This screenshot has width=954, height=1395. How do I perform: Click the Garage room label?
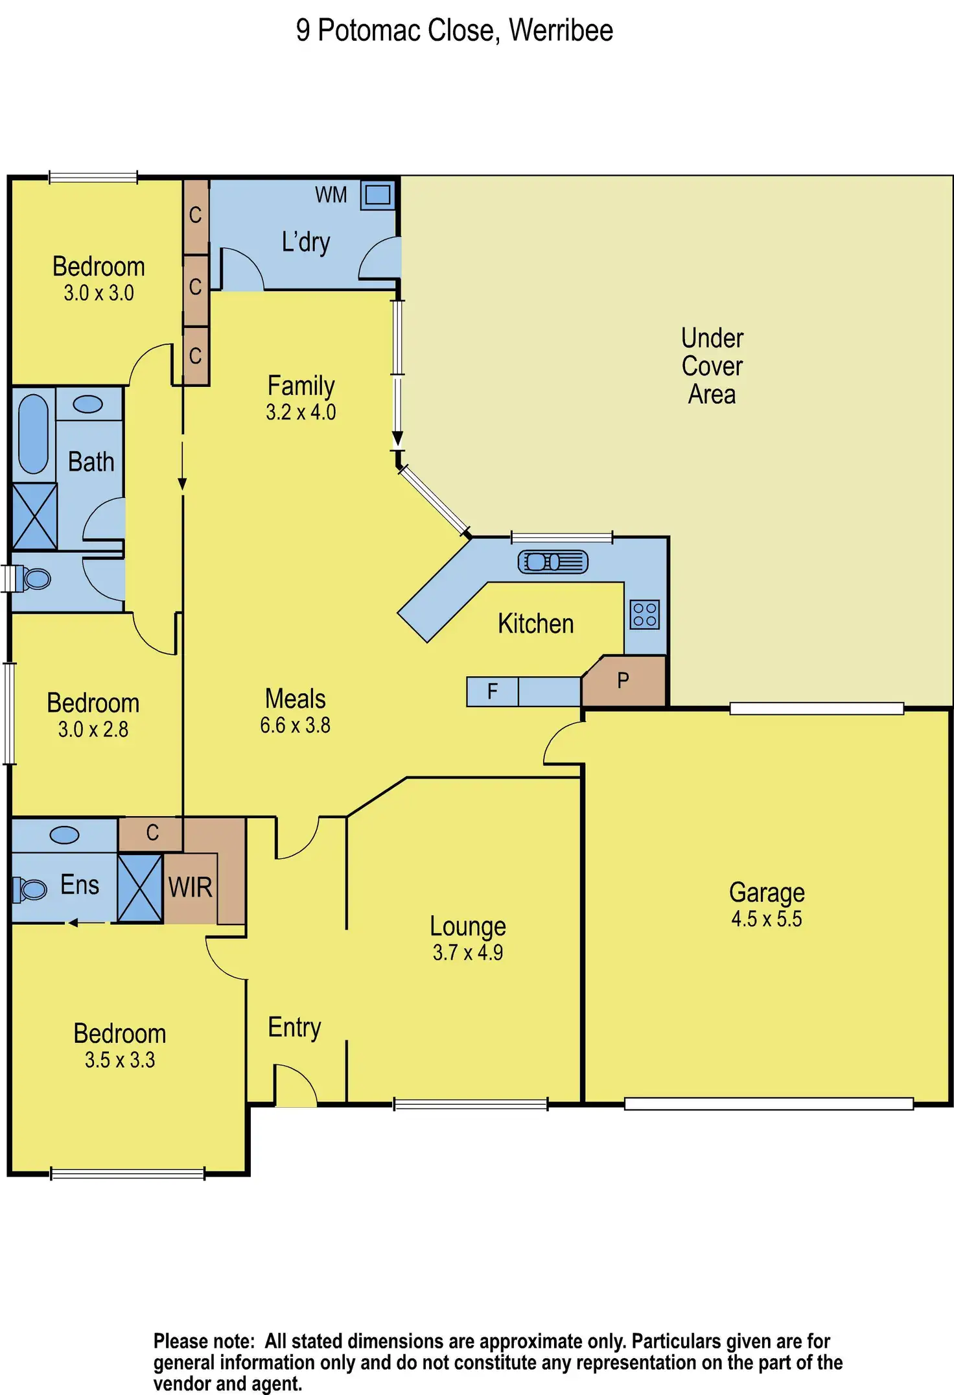point(767,893)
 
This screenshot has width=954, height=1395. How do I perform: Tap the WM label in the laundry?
point(331,195)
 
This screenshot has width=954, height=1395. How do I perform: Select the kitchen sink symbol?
point(553,562)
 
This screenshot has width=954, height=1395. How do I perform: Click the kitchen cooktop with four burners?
point(645,615)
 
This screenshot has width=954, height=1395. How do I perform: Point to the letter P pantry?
point(623,681)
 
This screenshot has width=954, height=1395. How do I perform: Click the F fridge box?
point(493,692)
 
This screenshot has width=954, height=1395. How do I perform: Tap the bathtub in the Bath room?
point(33,434)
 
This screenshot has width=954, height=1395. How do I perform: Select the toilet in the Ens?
point(30,889)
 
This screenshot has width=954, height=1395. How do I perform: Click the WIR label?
point(191,887)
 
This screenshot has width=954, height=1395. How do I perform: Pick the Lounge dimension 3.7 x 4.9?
point(468,953)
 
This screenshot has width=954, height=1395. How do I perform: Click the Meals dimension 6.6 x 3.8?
point(296,725)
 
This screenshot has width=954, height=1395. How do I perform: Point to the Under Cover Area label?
point(712,366)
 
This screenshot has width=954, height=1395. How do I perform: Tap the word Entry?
point(295,1028)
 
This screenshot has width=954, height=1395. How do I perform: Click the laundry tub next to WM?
point(378,194)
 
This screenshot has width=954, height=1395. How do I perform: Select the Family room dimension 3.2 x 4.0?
point(301,412)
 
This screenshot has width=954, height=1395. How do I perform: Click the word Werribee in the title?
point(561,30)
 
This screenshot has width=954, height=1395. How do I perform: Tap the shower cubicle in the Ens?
point(140,888)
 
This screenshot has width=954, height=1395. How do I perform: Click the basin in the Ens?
point(65,835)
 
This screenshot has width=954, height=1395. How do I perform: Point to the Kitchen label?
point(536,624)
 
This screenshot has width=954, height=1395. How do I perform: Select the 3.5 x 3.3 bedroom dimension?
point(120,1060)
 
